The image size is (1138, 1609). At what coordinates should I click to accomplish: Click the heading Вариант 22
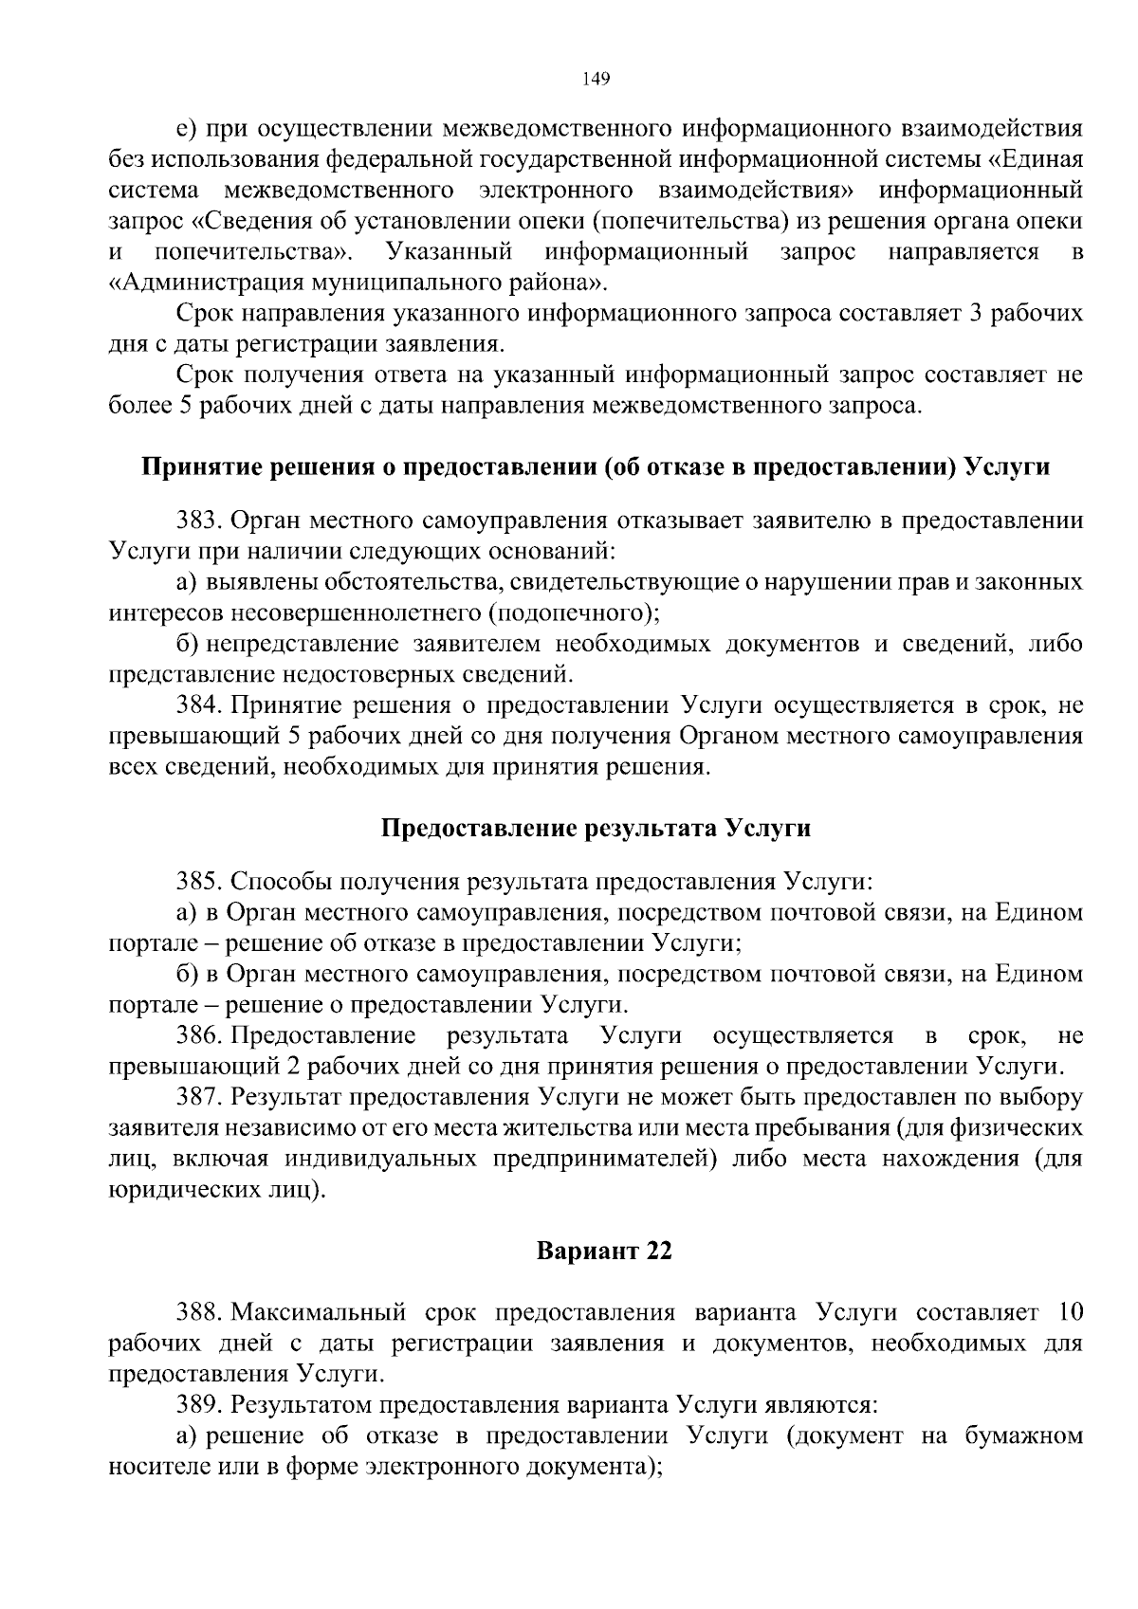pyautogui.click(x=604, y=1251)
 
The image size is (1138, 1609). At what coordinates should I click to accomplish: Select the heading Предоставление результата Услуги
pyautogui.click(x=596, y=828)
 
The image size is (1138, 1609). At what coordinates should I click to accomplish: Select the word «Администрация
pyautogui.click(x=193, y=283)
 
